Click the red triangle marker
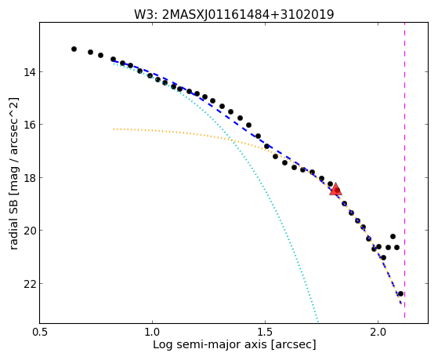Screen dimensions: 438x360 pyautogui.click(x=335, y=189)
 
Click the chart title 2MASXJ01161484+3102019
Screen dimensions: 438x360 pyautogui.click(x=248, y=14)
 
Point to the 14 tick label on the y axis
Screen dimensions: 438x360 pyautogui.click(x=29, y=72)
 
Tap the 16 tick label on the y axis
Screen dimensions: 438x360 pyautogui.click(x=29, y=125)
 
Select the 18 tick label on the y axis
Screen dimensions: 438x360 pyautogui.click(x=29, y=177)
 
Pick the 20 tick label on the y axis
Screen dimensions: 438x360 pyautogui.click(x=29, y=231)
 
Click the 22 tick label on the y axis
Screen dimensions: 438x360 pyautogui.click(x=29, y=284)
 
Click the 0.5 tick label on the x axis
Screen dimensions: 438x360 pyautogui.click(x=40, y=332)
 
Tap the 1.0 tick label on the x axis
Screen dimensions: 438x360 pyautogui.click(x=152, y=332)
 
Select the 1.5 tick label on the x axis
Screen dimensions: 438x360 pyautogui.click(x=265, y=332)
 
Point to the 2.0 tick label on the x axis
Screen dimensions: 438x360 pyautogui.click(x=378, y=332)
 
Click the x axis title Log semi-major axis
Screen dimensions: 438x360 pyautogui.click(x=209, y=344)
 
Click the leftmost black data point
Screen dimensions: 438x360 pyautogui.click(x=74, y=49)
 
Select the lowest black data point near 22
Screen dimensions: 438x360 pyautogui.click(x=400, y=293)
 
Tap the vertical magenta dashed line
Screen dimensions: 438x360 pyautogui.click(x=404, y=170)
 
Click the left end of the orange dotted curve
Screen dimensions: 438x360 pyautogui.click(x=114, y=129)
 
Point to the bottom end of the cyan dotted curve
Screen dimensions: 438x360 pyautogui.click(x=317, y=321)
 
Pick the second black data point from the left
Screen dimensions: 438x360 pyautogui.click(x=91, y=52)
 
